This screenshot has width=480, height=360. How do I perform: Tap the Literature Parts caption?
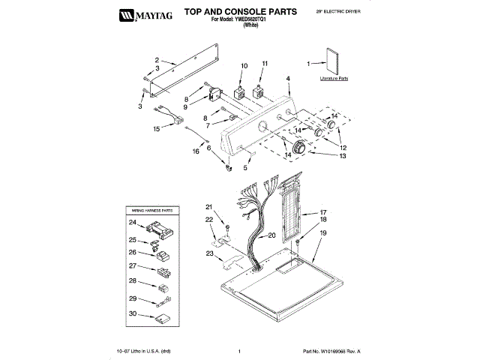(x=334, y=78)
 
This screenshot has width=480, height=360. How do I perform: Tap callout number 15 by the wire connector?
(x=157, y=129)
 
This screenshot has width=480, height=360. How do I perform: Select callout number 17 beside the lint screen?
(x=324, y=212)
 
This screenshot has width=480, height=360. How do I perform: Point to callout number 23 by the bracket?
(x=208, y=253)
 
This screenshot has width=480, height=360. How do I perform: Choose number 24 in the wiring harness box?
(x=132, y=223)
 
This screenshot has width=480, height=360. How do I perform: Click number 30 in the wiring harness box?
(x=132, y=315)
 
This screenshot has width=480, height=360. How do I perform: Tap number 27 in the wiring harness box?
(x=132, y=266)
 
